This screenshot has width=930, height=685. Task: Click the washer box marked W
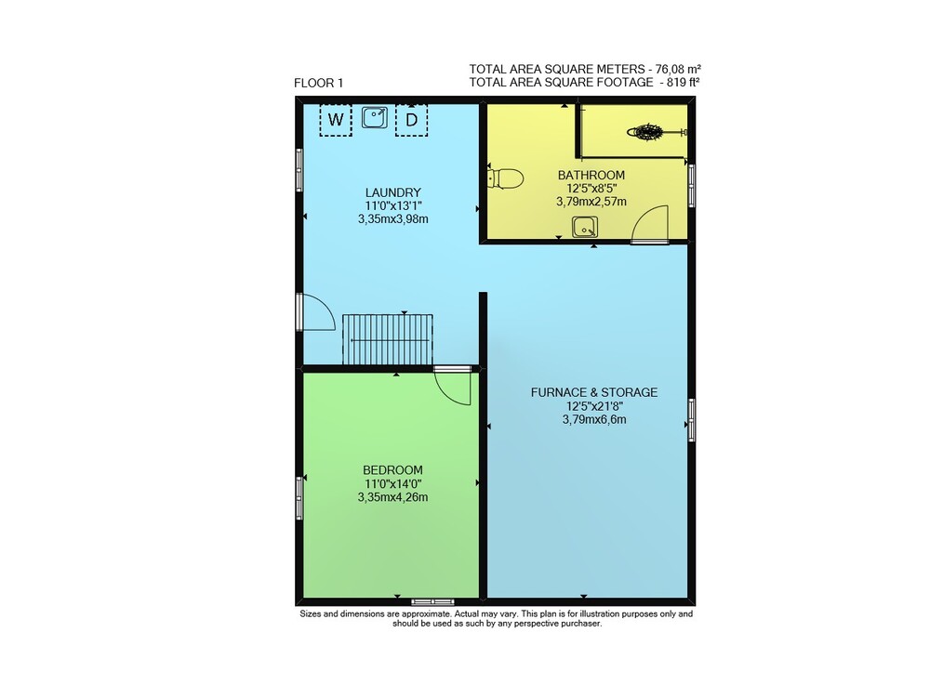pyautogui.click(x=336, y=120)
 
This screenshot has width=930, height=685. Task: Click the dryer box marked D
pyautogui.click(x=412, y=120)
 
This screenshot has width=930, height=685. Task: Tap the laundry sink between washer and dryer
pyautogui.click(x=374, y=117)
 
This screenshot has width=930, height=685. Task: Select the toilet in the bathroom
pyautogui.click(x=505, y=178)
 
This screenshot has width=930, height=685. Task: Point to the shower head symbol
pyautogui.click(x=646, y=132)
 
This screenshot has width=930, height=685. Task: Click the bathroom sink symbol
pyautogui.click(x=585, y=227)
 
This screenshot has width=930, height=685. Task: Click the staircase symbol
pyautogui.click(x=388, y=339)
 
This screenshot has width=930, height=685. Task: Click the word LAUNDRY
pyautogui.click(x=393, y=192)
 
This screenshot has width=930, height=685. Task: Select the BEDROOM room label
pyautogui.click(x=392, y=470)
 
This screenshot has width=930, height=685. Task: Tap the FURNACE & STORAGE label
pyautogui.click(x=594, y=392)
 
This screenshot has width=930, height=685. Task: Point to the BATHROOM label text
pyautogui.click(x=591, y=175)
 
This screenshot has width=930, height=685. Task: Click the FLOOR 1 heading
pyautogui.click(x=318, y=83)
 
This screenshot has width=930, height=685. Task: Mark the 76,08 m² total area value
pyautogui.click(x=679, y=69)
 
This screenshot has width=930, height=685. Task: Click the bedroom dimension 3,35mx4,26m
pyautogui.click(x=392, y=497)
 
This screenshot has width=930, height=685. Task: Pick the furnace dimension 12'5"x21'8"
pyautogui.click(x=594, y=406)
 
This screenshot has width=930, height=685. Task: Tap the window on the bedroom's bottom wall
pyautogui.click(x=433, y=602)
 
